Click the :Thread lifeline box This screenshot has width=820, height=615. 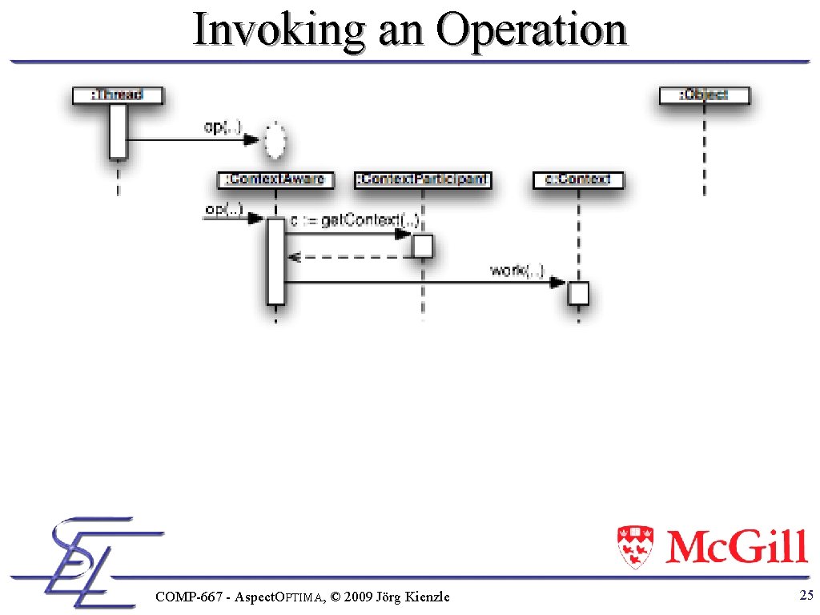pyautogui.click(x=118, y=95)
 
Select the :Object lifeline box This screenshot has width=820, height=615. pyautogui.click(x=705, y=95)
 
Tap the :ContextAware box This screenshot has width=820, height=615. pyautogui.click(x=276, y=179)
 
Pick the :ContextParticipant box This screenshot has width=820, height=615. pyautogui.click(x=423, y=179)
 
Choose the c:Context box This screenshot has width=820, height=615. pyautogui.click(x=577, y=179)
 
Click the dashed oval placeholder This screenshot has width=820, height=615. pyautogui.click(x=275, y=141)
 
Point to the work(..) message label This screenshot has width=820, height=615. pyautogui.click(x=517, y=271)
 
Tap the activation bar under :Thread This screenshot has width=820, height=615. pyautogui.click(x=119, y=131)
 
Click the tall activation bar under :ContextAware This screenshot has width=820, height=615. pyautogui.click(x=276, y=261)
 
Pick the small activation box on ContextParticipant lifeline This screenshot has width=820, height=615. pyautogui.click(x=423, y=245)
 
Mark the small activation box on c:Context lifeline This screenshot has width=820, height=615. pyautogui.click(x=578, y=293)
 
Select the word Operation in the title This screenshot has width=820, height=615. pyautogui.click(x=531, y=30)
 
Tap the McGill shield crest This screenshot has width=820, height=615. pyautogui.click(x=635, y=547)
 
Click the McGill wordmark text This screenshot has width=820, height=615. pyautogui.click(x=736, y=547)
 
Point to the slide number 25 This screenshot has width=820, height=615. pyautogui.click(x=806, y=595)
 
